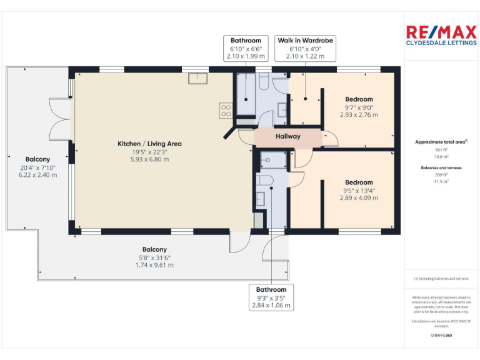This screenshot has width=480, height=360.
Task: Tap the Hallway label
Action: (x=288, y=136)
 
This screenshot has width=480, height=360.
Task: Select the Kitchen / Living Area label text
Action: (x=149, y=144)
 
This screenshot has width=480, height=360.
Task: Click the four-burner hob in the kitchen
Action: (x=226, y=111)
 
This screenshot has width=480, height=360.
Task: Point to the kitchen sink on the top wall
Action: (x=199, y=78)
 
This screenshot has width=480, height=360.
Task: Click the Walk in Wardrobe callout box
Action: (x=306, y=48)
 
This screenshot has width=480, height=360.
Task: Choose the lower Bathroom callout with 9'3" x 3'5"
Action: (x=271, y=297)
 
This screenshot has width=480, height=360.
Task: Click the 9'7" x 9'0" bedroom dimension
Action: (x=359, y=107)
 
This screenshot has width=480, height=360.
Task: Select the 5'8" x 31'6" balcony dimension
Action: (x=154, y=257)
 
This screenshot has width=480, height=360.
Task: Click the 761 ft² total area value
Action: (x=441, y=150)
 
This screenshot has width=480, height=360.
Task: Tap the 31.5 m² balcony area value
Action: (x=441, y=182)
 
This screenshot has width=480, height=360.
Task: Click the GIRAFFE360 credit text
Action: (x=441, y=336)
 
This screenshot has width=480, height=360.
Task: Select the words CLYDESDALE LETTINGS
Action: (x=441, y=43)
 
